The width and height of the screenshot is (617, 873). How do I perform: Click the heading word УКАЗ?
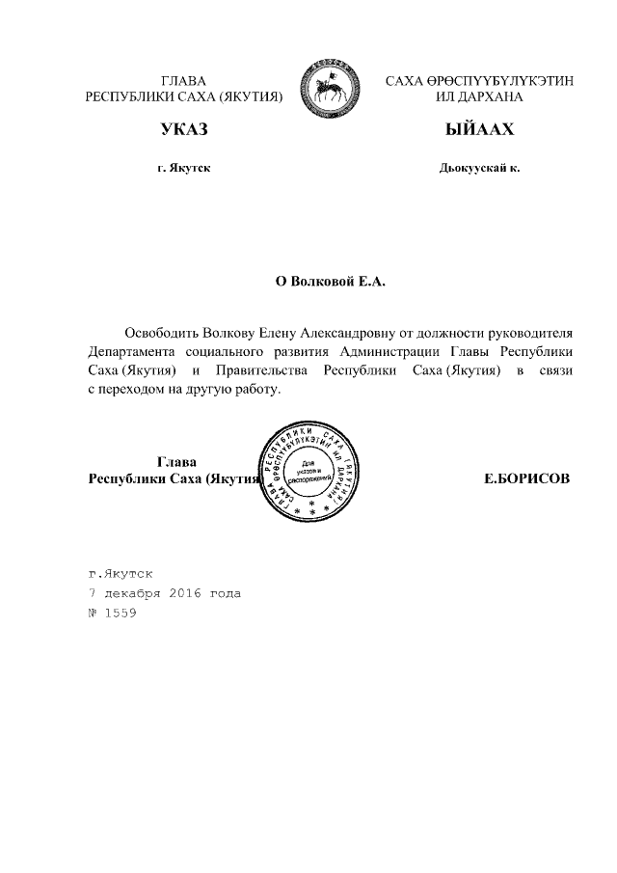coord(184,129)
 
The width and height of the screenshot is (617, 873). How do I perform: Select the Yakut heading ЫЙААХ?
coord(479,129)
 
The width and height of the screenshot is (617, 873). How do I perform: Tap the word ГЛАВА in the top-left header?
coord(183,80)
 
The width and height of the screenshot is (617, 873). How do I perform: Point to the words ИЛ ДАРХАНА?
coord(479,97)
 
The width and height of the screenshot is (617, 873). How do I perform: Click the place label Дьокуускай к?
coord(479,168)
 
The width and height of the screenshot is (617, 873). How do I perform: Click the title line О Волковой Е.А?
coord(331,281)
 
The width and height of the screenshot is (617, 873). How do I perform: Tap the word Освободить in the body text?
coord(161,333)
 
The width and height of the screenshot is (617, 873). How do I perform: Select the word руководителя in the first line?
coord(532,333)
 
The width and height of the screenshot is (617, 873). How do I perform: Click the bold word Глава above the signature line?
coord(176,461)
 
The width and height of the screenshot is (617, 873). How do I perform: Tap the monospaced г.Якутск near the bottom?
coord(120,573)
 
